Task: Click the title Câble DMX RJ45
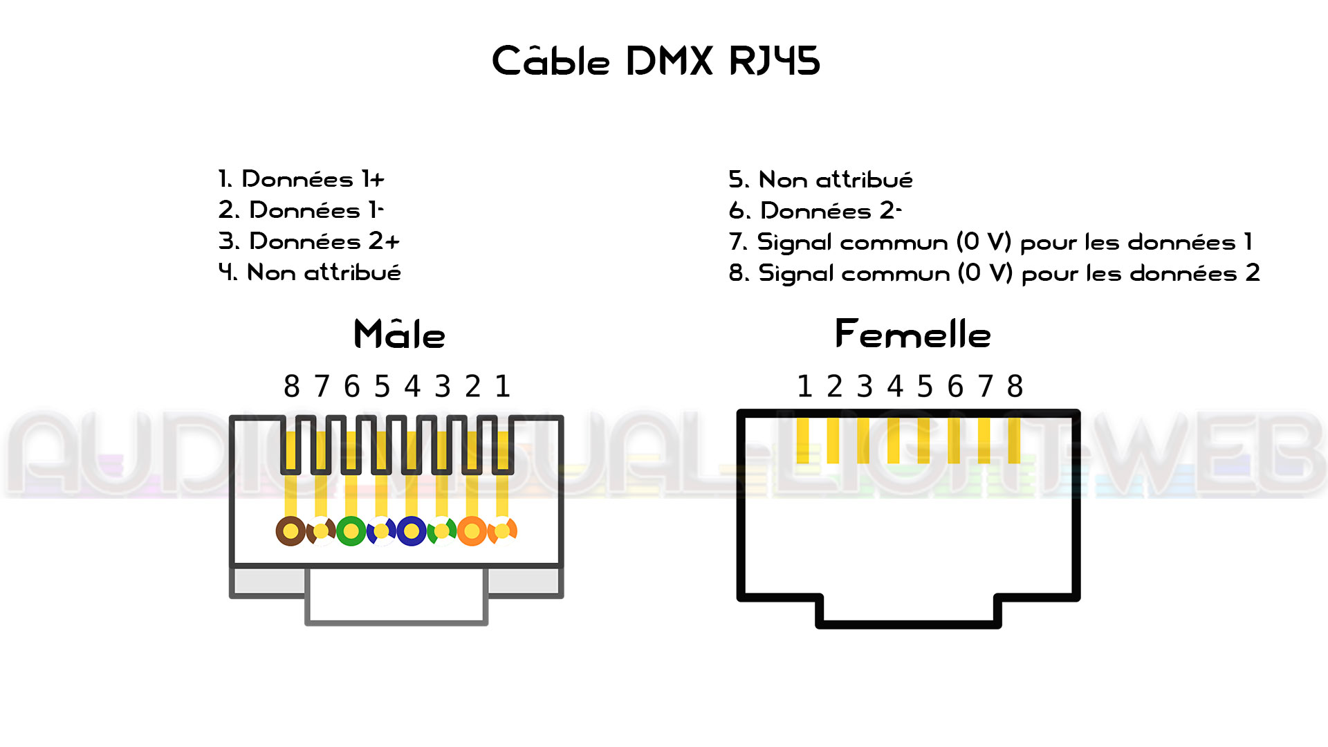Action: [x=656, y=61]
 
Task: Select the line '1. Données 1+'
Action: [x=301, y=179]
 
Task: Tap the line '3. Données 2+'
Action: [x=308, y=241]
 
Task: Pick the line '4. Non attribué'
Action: [x=309, y=273]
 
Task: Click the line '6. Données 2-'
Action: [x=815, y=210]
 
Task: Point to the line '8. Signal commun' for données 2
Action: [x=994, y=273]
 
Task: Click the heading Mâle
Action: [x=399, y=335]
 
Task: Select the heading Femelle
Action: [x=912, y=335]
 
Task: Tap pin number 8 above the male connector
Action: [x=292, y=387]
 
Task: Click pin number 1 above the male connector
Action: [x=503, y=387]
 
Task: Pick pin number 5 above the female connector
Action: [x=925, y=387]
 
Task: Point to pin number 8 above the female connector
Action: [x=1015, y=387]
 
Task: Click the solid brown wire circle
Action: [x=290, y=531]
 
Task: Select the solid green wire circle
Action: [x=351, y=531]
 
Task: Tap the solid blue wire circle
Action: [x=412, y=531]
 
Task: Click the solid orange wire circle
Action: [x=472, y=531]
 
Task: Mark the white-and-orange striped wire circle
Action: [x=503, y=531]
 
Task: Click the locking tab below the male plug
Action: [x=396, y=596]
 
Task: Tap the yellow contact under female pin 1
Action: [x=802, y=441]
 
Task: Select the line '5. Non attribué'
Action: [x=820, y=180]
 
